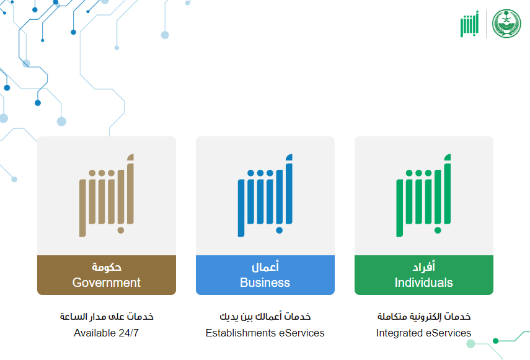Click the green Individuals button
pos(424,275)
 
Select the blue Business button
pos(265,275)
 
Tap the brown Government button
pos(107,275)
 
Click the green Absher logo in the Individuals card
pos(424,196)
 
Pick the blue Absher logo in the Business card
pos(265,196)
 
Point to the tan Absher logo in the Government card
pos(107,196)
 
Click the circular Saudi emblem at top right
pos(506,24)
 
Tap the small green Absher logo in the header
pos(469,24)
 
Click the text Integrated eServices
pos(423,333)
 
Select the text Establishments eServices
pos(265,333)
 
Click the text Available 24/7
pos(106,333)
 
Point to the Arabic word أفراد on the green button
pos(424,267)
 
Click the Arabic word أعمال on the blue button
pos(265,267)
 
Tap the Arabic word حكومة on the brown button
pos(107,267)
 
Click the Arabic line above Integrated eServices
pos(424,317)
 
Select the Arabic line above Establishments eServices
pos(265,317)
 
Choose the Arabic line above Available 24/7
pos(107,317)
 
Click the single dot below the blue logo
pos(279,230)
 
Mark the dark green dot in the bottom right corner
pos(496,341)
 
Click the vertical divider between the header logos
pos(487,24)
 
